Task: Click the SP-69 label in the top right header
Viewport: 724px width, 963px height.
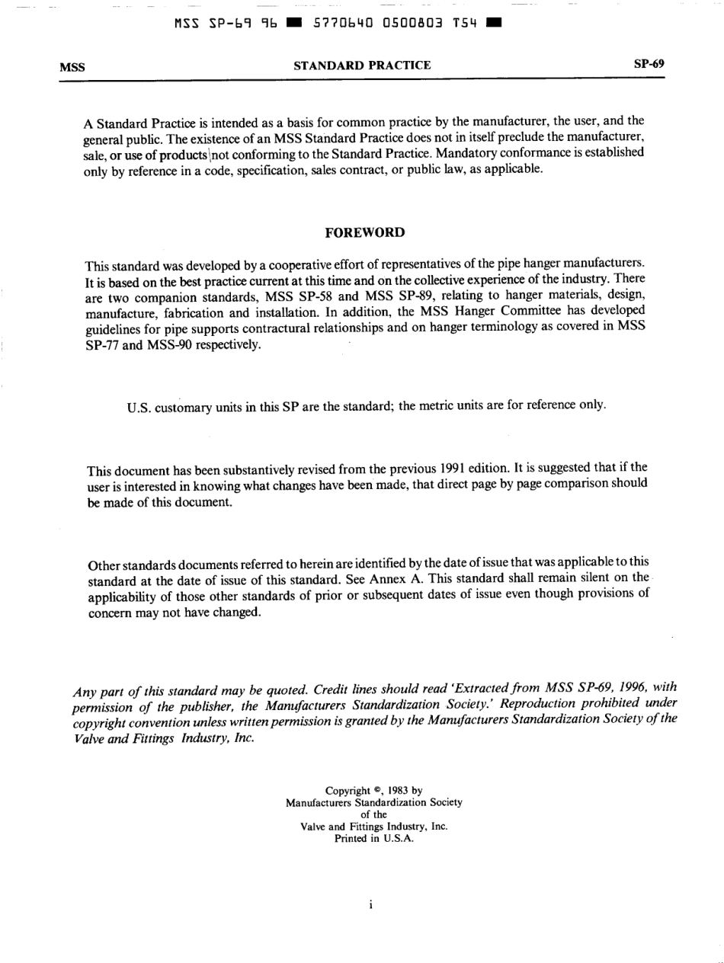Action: [x=649, y=64]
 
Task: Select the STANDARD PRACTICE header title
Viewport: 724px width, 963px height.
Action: [x=363, y=66]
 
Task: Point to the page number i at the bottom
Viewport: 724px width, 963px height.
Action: [x=370, y=905]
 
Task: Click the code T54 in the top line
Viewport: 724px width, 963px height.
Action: [x=465, y=23]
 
